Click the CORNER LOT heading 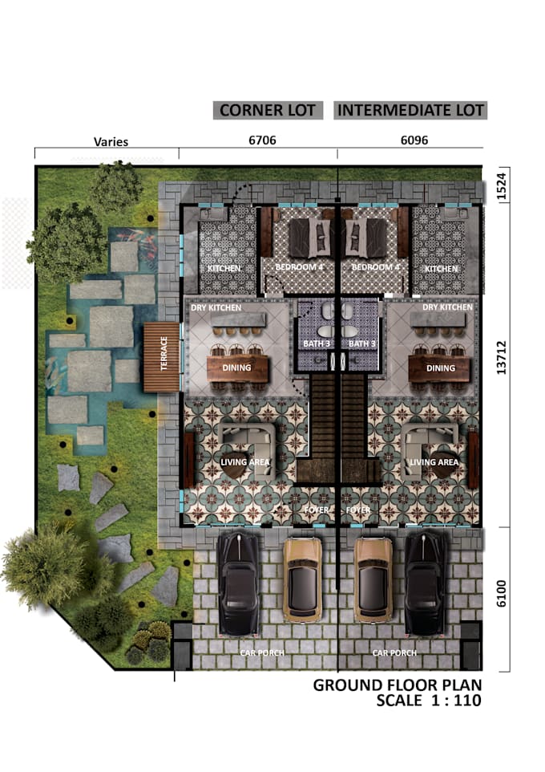268,111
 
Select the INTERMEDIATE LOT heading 411,111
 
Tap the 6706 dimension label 263,140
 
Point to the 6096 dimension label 414,140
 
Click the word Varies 111,142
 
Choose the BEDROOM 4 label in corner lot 297,267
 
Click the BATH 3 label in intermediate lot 362,344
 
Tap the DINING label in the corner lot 236,368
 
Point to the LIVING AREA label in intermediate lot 434,462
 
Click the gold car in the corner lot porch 303,577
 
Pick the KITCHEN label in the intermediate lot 442,269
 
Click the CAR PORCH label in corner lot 262,652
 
